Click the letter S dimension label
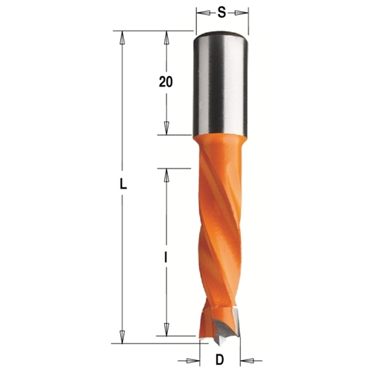(x=222, y=12)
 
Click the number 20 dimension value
(x=166, y=81)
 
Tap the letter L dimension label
(x=123, y=184)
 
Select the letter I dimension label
(x=166, y=257)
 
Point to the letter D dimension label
(x=219, y=360)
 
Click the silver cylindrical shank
(x=220, y=84)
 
